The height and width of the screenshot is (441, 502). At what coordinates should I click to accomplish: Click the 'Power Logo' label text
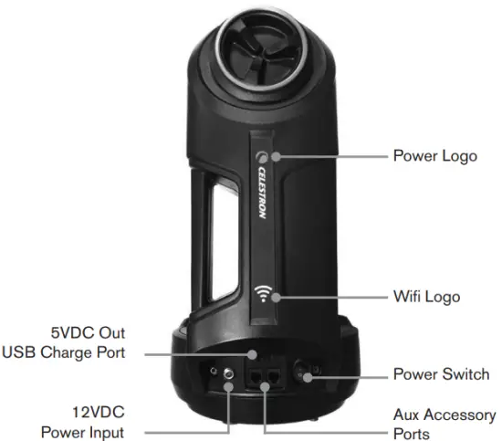pyautogui.click(x=434, y=155)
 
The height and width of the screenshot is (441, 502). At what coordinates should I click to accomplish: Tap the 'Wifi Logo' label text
pyautogui.click(x=426, y=297)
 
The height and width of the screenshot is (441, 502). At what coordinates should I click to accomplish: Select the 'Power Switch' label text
pyautogui.click(x=441, y=374)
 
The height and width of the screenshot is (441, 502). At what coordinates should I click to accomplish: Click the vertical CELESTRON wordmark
pyautogui.click(x=262, y=197)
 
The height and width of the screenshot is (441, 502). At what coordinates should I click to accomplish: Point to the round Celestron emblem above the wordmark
pyautogui.click(x=263, y=156)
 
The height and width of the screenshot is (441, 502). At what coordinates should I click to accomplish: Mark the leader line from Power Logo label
pyautogui.click(x=329, y=156)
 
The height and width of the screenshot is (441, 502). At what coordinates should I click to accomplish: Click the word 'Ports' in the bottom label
pyautogui.click(x=411, y=433)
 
